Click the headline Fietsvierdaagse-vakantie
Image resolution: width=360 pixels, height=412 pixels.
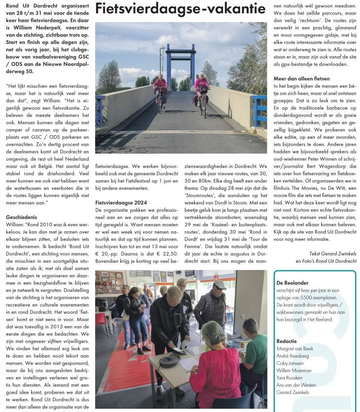click(181, 9)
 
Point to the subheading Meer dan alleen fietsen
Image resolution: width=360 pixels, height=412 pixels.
click(301, 79)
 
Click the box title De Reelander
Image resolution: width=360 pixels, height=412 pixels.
click(292, 283)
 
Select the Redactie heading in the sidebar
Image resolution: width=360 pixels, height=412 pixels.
click(286, 341)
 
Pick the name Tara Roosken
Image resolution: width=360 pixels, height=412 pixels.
click(289, 378)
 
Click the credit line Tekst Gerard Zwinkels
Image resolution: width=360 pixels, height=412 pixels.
click(332, 254)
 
